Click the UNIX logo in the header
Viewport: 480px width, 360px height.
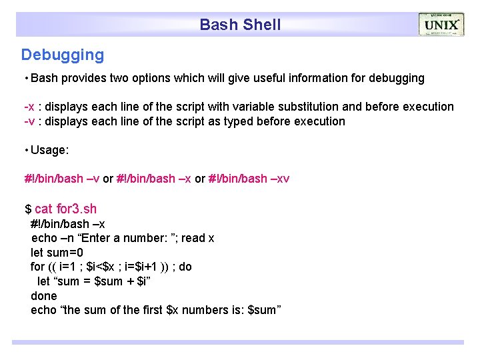(441, 25)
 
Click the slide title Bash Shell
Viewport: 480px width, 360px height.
(240, 25)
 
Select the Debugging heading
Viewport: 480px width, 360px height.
(63, 55)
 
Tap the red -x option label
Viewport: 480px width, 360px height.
(29, 107)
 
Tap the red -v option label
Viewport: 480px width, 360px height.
(29, 121)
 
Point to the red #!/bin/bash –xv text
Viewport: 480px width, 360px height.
(249, 179)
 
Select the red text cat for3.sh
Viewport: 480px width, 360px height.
(65, 209)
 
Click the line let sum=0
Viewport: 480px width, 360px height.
(57, 253)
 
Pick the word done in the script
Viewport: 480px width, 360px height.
(44, 295)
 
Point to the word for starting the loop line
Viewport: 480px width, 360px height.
(38, 267)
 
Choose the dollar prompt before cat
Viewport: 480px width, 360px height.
(28, 209)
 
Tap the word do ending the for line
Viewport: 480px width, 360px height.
(185, 267)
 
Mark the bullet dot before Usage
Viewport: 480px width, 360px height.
(25, 150)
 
